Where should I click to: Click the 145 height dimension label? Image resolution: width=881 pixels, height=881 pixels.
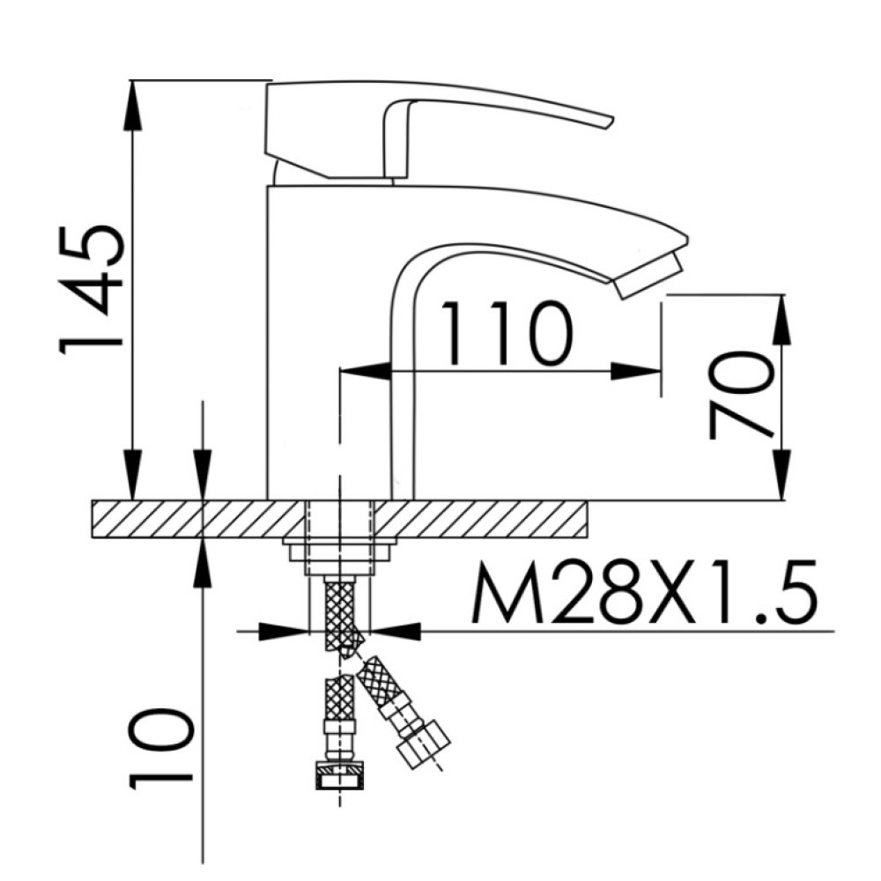tap(90, 290)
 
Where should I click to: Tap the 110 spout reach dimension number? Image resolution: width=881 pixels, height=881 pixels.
tap(507, 333)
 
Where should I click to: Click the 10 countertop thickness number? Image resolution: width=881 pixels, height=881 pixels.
tap(160, 749)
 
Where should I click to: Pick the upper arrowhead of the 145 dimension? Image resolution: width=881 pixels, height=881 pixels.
tap(133, 107)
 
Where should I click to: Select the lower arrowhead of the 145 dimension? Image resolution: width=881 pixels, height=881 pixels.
tap(133, 474)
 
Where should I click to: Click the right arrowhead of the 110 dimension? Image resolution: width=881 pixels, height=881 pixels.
tap(636, 371)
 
